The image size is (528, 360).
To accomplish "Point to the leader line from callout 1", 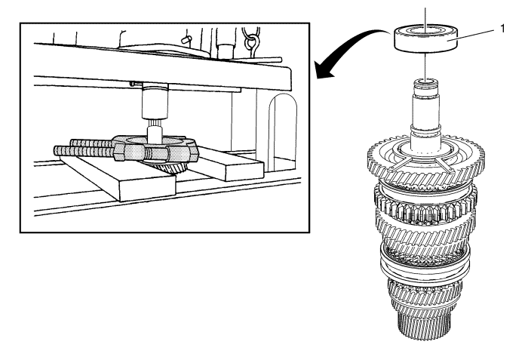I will point(475,33).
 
